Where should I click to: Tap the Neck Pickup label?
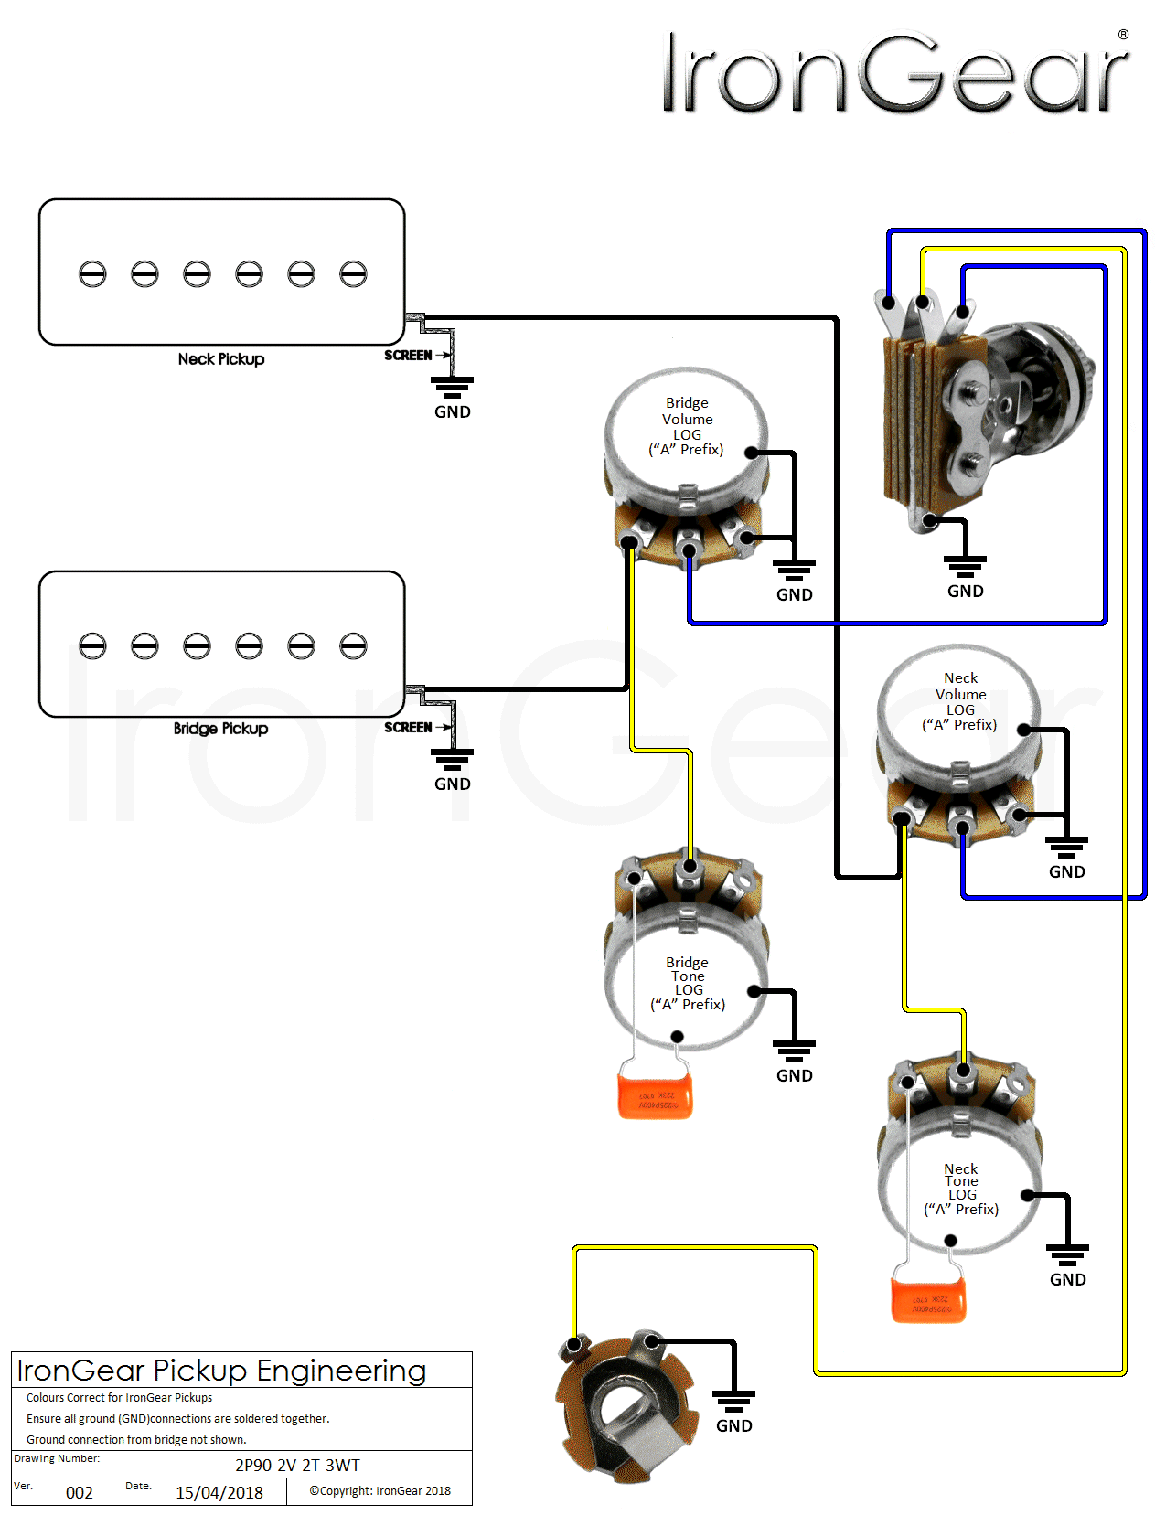221,359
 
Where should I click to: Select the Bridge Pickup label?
220,729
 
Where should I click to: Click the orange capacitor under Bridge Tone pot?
655,1096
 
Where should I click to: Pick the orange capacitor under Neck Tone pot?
928,1300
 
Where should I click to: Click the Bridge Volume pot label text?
687,426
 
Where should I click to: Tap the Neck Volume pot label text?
960,701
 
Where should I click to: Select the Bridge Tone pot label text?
688,984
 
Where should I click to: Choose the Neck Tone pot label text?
961,1189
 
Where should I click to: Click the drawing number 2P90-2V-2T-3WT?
297,1465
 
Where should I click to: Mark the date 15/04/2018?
219,1493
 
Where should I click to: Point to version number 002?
80,1493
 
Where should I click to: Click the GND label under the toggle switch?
966,592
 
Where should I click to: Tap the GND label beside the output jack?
734,1426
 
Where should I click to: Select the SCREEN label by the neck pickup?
408,356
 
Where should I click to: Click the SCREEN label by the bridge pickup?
408,728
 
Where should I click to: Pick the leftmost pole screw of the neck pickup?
92,273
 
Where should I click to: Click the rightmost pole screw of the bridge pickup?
353,645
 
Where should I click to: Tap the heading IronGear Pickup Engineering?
222,1371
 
